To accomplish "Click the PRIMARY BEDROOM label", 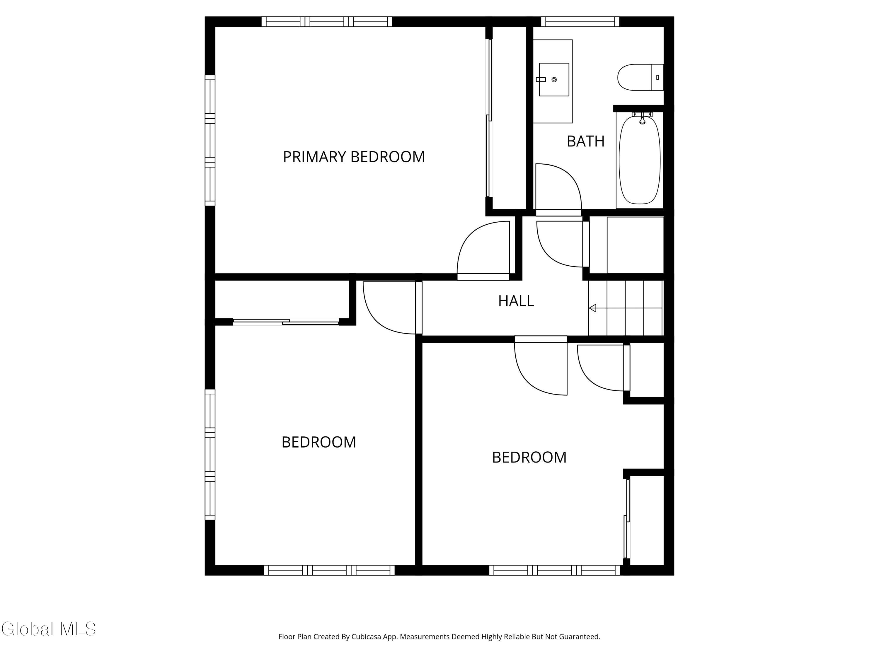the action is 354,157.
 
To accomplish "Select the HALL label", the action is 516,301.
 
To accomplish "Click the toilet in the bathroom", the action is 640,77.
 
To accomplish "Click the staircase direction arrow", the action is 626,308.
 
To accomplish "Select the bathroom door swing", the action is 559,187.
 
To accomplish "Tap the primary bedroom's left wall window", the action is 210,140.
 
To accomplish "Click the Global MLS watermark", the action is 48,629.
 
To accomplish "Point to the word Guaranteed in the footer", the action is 580,637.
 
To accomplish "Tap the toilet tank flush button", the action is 658,77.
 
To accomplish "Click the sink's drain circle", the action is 554,79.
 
